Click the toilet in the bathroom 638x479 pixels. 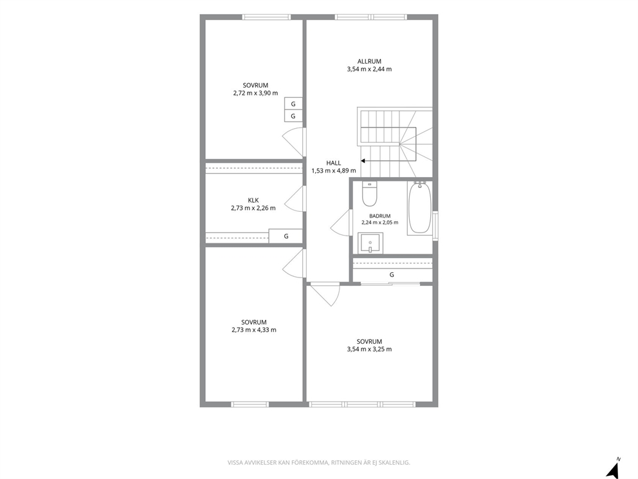(369, 194)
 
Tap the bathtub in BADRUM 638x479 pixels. (419, 208)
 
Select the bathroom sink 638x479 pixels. (370, 243)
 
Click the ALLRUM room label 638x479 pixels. (369, 62)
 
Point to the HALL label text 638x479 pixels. (334, 163)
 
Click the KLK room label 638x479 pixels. (253, 200)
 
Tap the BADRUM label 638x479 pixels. (380, 216)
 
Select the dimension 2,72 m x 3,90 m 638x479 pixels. (255, 93)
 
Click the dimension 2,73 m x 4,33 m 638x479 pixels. (254, 330)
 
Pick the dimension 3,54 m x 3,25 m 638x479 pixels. (369, 349)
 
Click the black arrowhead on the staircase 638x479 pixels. (363, 161)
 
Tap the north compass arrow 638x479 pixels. (612, 469)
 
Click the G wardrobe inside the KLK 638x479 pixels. (286, 236)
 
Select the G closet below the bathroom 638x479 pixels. (392, 275)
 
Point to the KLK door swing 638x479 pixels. (295, 199)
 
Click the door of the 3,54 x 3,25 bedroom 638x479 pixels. (324, 294)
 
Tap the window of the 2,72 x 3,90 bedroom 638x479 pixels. (266, 17)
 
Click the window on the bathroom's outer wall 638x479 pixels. (435, 225)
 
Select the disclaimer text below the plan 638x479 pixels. (318, 463)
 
